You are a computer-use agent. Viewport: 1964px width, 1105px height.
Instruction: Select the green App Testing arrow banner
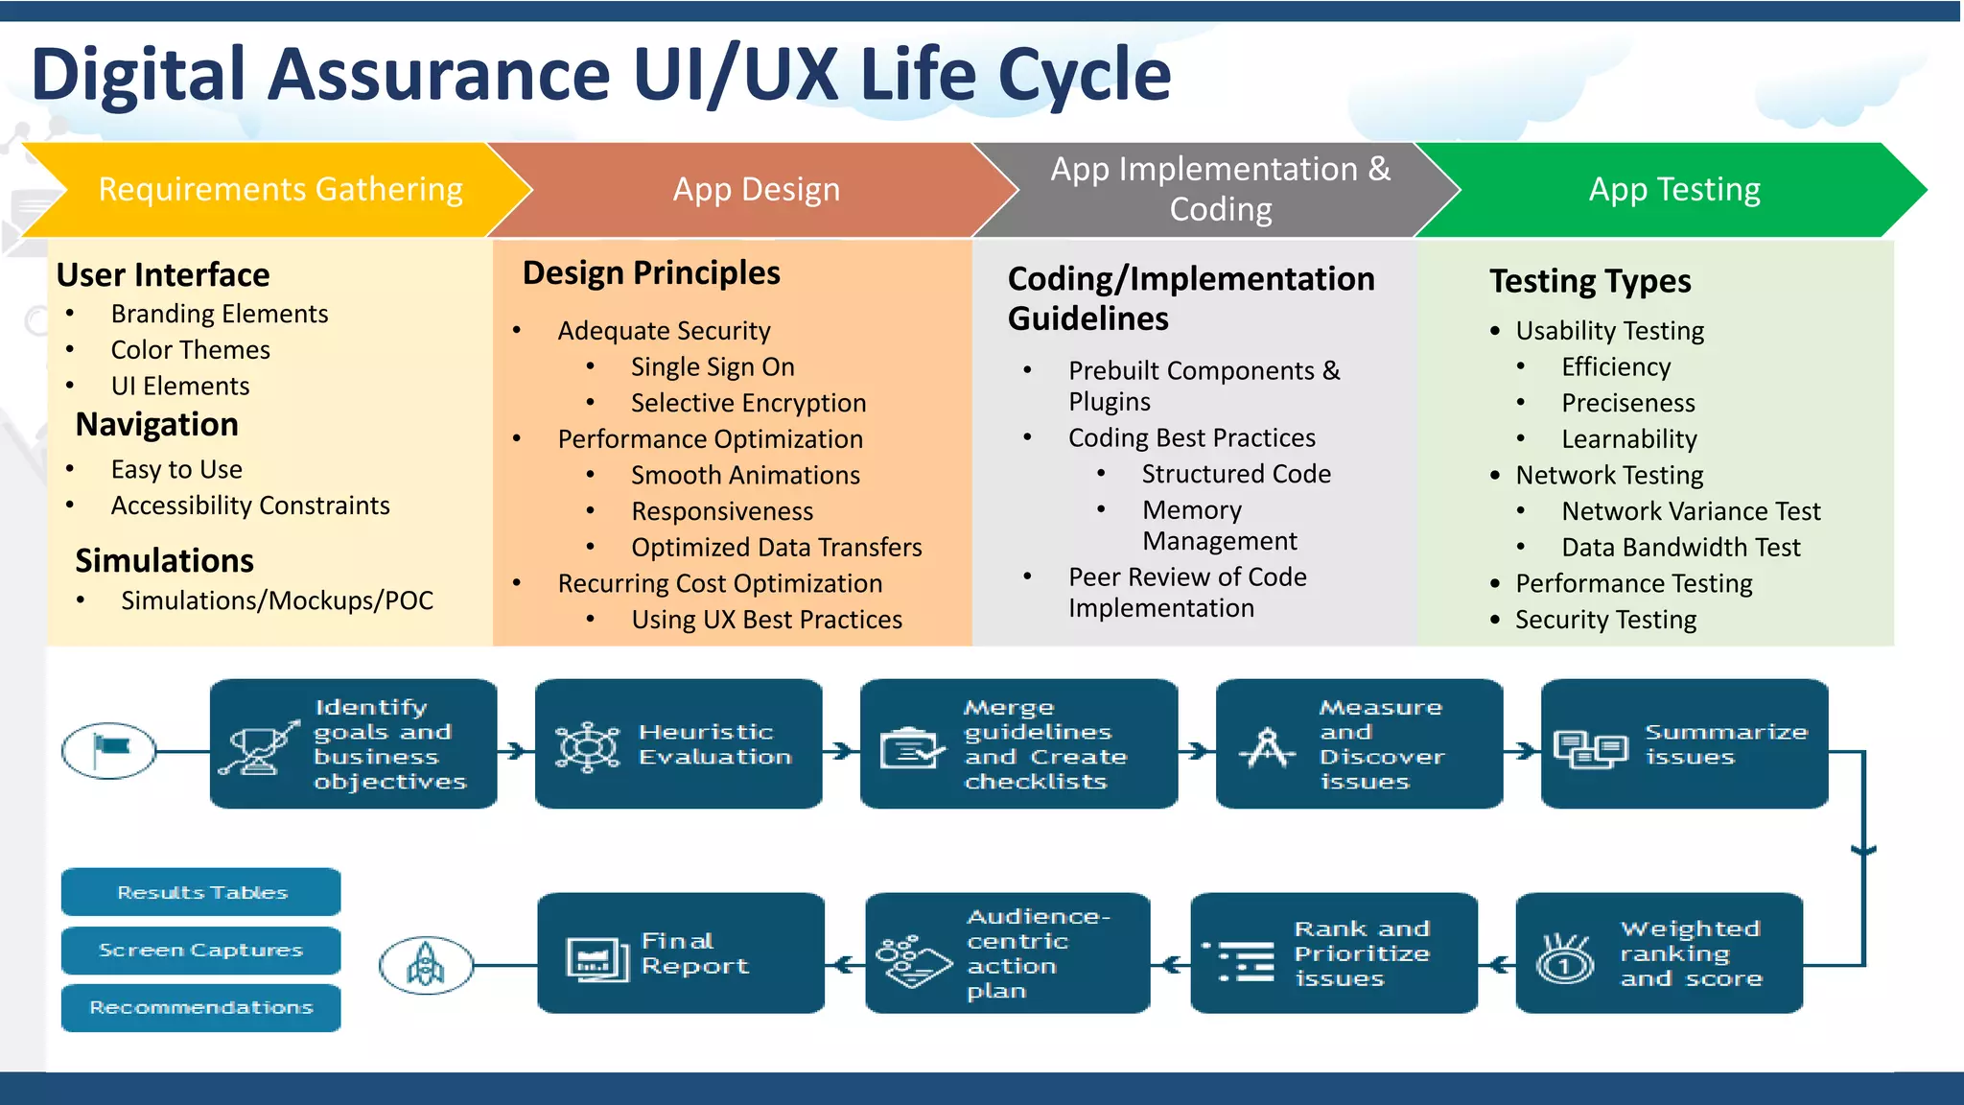1673,190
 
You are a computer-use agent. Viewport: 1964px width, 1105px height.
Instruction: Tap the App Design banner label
756,190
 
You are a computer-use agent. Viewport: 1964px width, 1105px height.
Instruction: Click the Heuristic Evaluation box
679,744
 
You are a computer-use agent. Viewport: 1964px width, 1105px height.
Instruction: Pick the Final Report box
681,953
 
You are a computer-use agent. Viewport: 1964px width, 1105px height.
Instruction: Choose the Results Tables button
201,892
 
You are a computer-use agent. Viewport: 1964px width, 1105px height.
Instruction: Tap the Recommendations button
201,1007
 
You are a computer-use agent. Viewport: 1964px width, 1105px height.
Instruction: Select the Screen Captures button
201,950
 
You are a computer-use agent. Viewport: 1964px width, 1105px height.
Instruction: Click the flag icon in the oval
109,749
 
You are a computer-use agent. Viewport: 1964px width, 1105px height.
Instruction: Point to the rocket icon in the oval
426,964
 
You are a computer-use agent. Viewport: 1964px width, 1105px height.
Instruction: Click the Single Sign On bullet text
713,367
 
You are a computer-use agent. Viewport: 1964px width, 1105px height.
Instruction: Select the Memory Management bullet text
1219,526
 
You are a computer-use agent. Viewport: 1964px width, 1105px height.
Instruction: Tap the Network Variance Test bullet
1691,511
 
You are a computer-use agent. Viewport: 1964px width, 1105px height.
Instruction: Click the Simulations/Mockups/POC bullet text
277,600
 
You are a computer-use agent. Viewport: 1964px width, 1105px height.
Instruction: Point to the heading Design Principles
651,273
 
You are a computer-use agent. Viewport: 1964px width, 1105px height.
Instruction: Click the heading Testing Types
1590,281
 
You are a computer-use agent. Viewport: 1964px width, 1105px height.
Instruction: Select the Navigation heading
157,424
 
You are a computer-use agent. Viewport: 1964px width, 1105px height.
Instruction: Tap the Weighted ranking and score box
1659,953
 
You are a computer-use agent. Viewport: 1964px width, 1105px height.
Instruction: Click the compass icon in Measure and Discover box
1268,747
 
